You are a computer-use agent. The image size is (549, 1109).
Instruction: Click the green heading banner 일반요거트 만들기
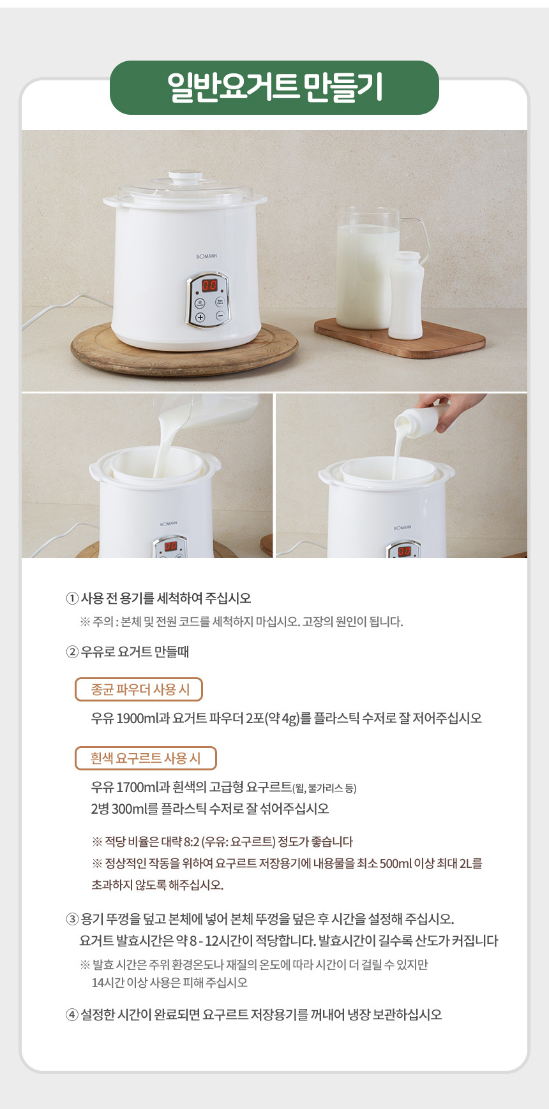[274, 87]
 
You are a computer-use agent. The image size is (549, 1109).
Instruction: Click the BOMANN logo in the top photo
[207, 256]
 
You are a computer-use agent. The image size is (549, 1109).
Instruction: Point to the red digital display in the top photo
[209, 285]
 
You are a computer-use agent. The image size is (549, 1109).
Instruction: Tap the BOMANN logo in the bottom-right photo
[402, 528]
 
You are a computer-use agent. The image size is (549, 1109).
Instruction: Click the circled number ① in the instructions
[72, 598]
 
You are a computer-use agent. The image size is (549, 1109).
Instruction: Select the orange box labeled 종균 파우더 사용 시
[139, 689]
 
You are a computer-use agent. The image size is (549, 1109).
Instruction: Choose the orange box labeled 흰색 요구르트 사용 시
[146, 758]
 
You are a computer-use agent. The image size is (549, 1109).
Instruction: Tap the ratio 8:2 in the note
[191, 842]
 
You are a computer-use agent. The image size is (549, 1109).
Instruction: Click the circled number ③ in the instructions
[72, 919]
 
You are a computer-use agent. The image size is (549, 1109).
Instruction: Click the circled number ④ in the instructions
[72, 1015]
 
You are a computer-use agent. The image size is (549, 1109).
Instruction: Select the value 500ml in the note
[396, 863]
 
